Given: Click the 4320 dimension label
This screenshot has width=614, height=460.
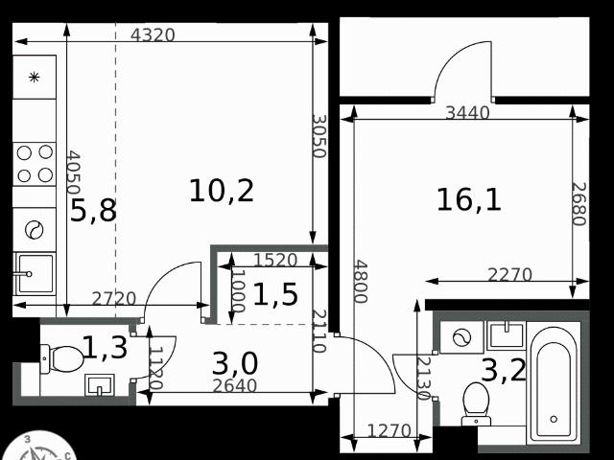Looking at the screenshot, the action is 153,35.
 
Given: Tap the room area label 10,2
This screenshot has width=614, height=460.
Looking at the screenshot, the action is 222,191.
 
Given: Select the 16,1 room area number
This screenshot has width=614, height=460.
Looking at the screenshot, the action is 469,200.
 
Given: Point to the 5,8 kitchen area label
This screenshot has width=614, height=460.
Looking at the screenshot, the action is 93,210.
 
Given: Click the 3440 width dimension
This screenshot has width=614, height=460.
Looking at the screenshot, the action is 468,113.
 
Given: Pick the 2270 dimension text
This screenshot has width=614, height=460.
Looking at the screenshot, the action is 509,275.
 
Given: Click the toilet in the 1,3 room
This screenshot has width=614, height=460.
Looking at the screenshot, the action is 62,358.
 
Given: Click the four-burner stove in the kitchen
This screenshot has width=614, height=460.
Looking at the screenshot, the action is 35,164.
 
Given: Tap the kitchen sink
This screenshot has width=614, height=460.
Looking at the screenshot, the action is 35,274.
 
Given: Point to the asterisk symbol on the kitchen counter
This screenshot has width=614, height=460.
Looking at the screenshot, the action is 35,77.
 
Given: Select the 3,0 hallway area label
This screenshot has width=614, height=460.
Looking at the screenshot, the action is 235,363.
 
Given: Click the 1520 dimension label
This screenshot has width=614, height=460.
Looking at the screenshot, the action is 275,260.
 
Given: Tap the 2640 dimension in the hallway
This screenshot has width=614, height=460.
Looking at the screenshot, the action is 234,386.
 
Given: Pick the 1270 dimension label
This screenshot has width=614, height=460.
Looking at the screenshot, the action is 390,431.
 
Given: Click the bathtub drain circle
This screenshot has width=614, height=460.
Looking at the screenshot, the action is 554,420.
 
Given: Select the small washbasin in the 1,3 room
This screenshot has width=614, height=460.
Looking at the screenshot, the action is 100,385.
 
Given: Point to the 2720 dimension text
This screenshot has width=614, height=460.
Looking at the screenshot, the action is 114,299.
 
